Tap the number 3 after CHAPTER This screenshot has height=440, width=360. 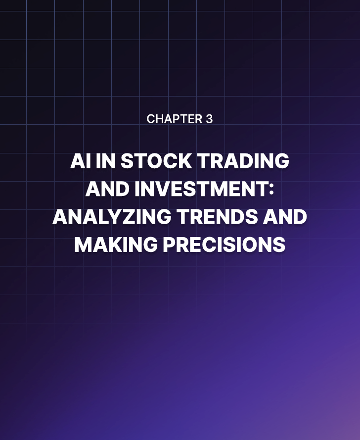209,119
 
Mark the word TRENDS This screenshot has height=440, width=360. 215,217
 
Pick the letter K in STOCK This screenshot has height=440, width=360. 182,162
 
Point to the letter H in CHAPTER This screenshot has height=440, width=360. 158,119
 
